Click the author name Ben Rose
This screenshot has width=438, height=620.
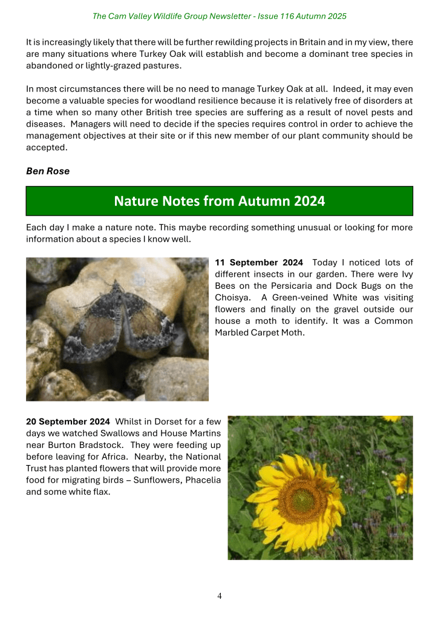coord(48,171)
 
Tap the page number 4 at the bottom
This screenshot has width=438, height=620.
coord(220,596)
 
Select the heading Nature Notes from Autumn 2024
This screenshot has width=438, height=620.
coord(219,201)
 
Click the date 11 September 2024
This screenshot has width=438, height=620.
coord(259,263)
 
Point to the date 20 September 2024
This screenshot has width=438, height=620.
coord(68,421)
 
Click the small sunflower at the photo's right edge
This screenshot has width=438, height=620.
coord(404,483)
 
